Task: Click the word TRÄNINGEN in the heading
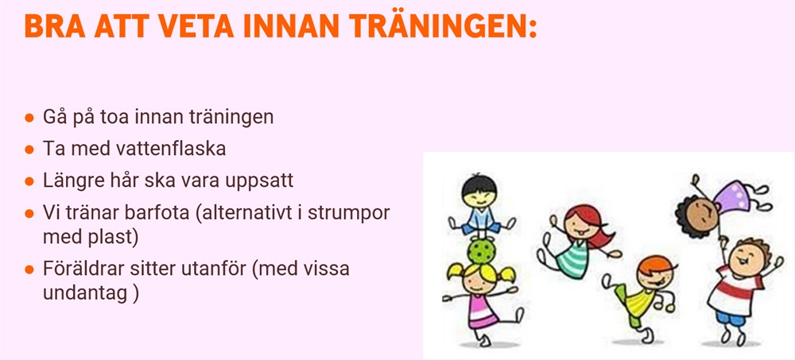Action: coord(435,26)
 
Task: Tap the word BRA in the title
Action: coord(55,26)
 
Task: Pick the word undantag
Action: coord(85,294)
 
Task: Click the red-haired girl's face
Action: coord(580,226)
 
